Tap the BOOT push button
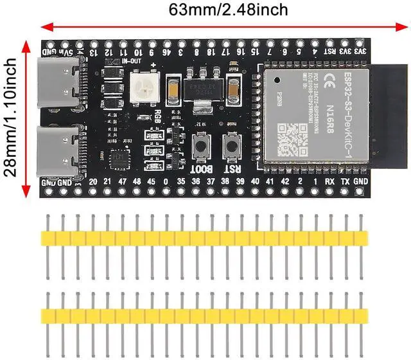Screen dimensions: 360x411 202,145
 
